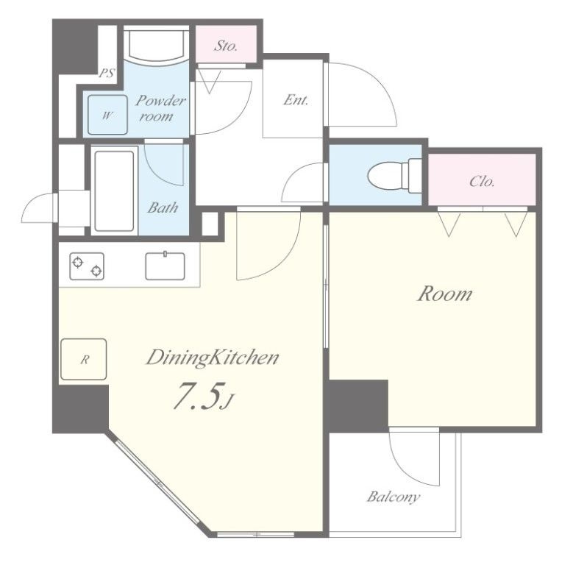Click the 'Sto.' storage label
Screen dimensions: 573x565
pyautogui.click(x=226, y=46)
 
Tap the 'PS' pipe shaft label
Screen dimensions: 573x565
pyautogui.click(x=107, y=73)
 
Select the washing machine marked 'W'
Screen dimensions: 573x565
pyautogui.click(x=107, y=115)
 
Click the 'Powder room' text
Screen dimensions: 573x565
pyautogui.click(x=160, y=108)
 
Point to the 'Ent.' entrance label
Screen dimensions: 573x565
pyautogui.click(x=296, y=100)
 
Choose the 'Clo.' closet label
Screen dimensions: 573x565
pyautogui.click(x=482, y=181)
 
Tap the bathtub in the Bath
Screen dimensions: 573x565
pyautogui.click(x=114, y=191)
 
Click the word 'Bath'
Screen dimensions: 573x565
pyautogui.click(x=163, y=207)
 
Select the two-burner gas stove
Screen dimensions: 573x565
pyautogui.click(x=87, y=266)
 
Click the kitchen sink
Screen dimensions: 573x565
pyautogui.click(x=165, y=266)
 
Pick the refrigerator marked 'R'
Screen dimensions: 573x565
pyautogui.click(x=84, y=359)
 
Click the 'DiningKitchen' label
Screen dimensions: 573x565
pyautogui.click(x=213, y=358)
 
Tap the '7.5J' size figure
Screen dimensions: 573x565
pyautogui.click(x=202, y=396)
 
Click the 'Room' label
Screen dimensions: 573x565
pyautogui.click(x=445, y=294)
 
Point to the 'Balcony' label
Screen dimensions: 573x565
pyautogui.click(x=394, y=497)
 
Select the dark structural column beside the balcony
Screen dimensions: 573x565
pyautogui.click(x=358, y=405)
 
